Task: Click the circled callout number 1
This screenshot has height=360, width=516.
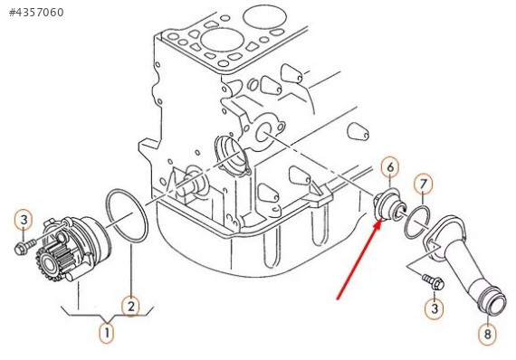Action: coord(107,333)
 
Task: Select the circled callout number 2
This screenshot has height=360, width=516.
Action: coord(130,307)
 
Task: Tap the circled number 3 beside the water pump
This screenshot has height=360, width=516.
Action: coord(24,220)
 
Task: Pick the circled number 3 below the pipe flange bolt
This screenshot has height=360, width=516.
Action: coord(435,308)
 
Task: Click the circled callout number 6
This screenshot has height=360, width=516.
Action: coord(390,167)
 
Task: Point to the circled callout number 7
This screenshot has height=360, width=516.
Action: coord(423,185)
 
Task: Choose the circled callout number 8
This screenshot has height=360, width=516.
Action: coord(487,334)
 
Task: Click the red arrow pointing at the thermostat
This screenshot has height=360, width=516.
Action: coord(359,261)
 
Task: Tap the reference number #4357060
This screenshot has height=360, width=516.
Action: coord(36,12)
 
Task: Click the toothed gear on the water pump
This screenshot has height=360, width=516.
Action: coord(50,263)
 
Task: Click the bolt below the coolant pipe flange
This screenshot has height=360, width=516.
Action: coord(434,281)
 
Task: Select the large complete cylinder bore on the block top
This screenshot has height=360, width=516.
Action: coord(218,42)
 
